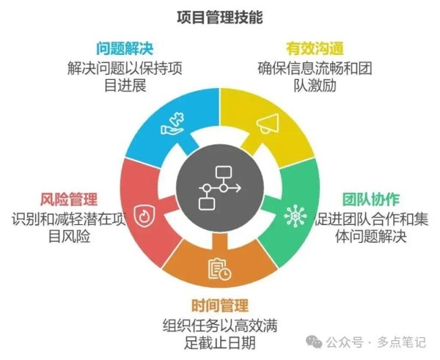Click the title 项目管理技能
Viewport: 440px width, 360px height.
(x=220, y=17)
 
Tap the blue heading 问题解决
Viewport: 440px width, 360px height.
(x=125, y=48)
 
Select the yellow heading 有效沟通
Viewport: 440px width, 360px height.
(x=315, y=48)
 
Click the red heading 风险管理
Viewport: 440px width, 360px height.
(x=69, y=199)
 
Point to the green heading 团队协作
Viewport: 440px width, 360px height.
(x=370, y=199)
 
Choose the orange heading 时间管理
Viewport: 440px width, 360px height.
(x=220, y=305)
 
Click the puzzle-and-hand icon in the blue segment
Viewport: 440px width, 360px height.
(x=172, y=124)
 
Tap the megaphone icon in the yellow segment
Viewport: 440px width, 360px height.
(x=268, y=124)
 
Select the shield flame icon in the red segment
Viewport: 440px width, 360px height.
(x=144, y=216)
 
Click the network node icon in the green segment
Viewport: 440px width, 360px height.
(x=296, y=216)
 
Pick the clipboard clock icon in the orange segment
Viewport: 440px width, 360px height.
(x=220, y=269)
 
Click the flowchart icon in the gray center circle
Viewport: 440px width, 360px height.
(x=220, y=188)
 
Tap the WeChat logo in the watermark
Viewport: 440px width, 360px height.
(x=314, y=342)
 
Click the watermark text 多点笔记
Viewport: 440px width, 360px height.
(x=402, y=342)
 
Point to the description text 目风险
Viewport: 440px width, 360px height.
(x=69, y=236)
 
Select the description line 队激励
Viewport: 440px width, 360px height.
(x=315, y=85)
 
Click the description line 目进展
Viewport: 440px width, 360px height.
(x=125, y=85)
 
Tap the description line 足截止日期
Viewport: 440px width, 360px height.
(x=220, y=342)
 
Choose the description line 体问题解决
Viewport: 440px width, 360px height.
(x=371, y=236)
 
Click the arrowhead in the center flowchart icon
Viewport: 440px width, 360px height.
(x=238, y=188)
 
